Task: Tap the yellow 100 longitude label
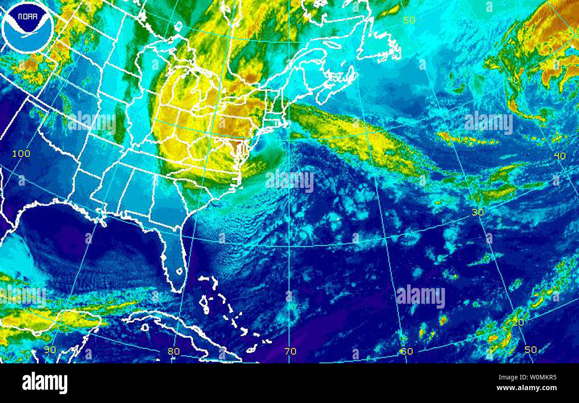(x=21, y=154)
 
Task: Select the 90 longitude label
(x=50, y=350)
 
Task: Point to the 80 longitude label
(x=174, y=351)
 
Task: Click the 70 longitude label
(x=290, y=351)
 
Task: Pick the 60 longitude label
(x=406, y=351)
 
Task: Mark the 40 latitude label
(x=559, y=155)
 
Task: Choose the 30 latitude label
(x=477, y=212)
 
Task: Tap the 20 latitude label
(x=518, y=322)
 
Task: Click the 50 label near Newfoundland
(x=409, y=20)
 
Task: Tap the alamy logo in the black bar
(x=45, y=383)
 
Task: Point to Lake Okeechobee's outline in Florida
(x=179, y=271)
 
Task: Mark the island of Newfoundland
(x=379, y=45)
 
